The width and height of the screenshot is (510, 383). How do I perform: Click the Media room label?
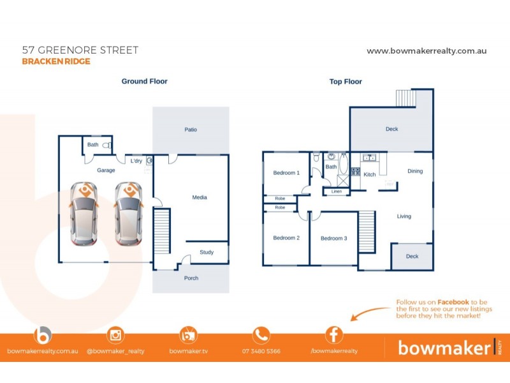coord(200,197)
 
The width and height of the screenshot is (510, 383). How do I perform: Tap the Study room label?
coord(206,252)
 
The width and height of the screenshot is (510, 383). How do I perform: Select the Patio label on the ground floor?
coord(191,130)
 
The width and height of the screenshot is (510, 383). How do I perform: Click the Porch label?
coord(191,278)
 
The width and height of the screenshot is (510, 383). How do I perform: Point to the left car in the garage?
coord(83,214)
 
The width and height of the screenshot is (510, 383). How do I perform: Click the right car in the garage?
coord(128,214)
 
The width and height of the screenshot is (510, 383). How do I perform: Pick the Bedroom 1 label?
coord(286,173)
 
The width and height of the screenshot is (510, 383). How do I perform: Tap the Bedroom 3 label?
coord(333,239)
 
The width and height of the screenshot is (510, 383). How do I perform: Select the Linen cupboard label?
coord(337,191)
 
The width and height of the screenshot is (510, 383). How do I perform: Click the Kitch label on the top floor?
coord(370,174)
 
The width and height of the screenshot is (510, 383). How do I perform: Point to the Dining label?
coord(415,171)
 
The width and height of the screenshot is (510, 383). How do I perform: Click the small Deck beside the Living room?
coord(412,257)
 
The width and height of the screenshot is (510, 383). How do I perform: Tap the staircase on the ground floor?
coord(163,232)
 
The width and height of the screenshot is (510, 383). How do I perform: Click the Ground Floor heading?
coord(145,81)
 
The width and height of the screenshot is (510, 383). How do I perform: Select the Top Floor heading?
coord(346,82)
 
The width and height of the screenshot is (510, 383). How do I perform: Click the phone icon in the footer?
coord(261,335)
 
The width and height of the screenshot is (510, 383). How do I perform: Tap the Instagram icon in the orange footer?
coord(116,335)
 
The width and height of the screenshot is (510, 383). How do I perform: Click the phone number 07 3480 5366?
coord(261,351)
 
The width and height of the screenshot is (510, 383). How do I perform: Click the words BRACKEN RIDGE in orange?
coord(56,62)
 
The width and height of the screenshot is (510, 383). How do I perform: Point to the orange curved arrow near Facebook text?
coord(370,313)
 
